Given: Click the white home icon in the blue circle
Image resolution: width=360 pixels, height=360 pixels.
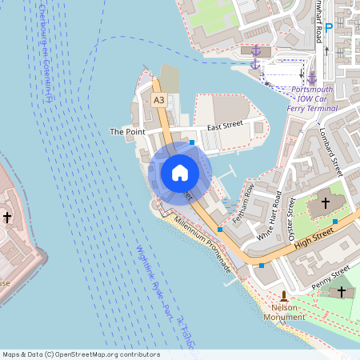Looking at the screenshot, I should pos(179,172).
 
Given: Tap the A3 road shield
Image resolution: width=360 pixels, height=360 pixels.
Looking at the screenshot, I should pos(159,100).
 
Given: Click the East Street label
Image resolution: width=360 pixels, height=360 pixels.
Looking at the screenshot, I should pos(225,126).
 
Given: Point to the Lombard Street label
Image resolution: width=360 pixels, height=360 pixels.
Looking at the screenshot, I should pos(330,153).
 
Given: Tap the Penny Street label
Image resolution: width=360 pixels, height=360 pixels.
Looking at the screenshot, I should pos(331,276).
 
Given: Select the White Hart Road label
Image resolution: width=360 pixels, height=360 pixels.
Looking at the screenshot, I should pos(270,217).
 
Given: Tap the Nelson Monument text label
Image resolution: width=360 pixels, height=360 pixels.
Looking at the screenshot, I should pos(284,312).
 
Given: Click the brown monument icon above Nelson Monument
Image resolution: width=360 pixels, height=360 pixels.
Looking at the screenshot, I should pos(284,295).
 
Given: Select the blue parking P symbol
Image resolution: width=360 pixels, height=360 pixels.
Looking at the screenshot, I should pos(328,27).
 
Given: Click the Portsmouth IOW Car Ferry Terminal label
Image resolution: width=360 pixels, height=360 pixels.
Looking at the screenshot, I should pos(313,98).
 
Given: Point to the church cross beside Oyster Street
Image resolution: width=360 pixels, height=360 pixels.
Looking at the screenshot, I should pos(326,204).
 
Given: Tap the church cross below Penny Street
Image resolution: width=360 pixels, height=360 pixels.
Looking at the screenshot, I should pos(342,292).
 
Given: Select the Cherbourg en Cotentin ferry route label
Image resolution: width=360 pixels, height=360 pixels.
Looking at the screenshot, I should pos(45,53).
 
